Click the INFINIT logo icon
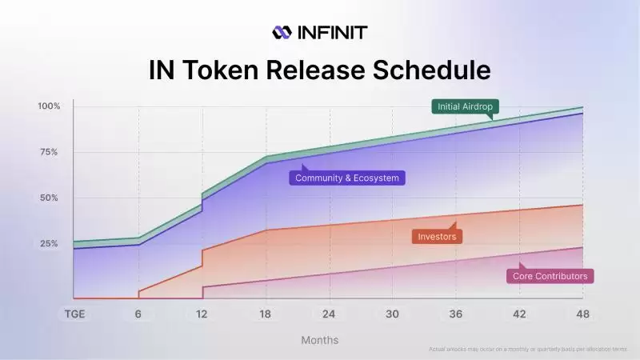(282, 32)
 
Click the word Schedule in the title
(424, 70)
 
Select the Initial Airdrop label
(463, 106)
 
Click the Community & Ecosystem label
(346, 178)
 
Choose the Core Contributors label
(550, 276)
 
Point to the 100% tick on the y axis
(49, 106)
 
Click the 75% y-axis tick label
(49, 152)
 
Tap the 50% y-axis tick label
(49, 198)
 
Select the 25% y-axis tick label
(49, 243)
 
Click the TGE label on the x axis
(75, 314)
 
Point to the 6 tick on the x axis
(138, 314)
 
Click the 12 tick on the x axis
(202, 314)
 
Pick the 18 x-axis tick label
(266, 314)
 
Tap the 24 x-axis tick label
(329, 314)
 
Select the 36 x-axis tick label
(456, 314)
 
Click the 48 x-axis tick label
(582, 314)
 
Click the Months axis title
(319, 340)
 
